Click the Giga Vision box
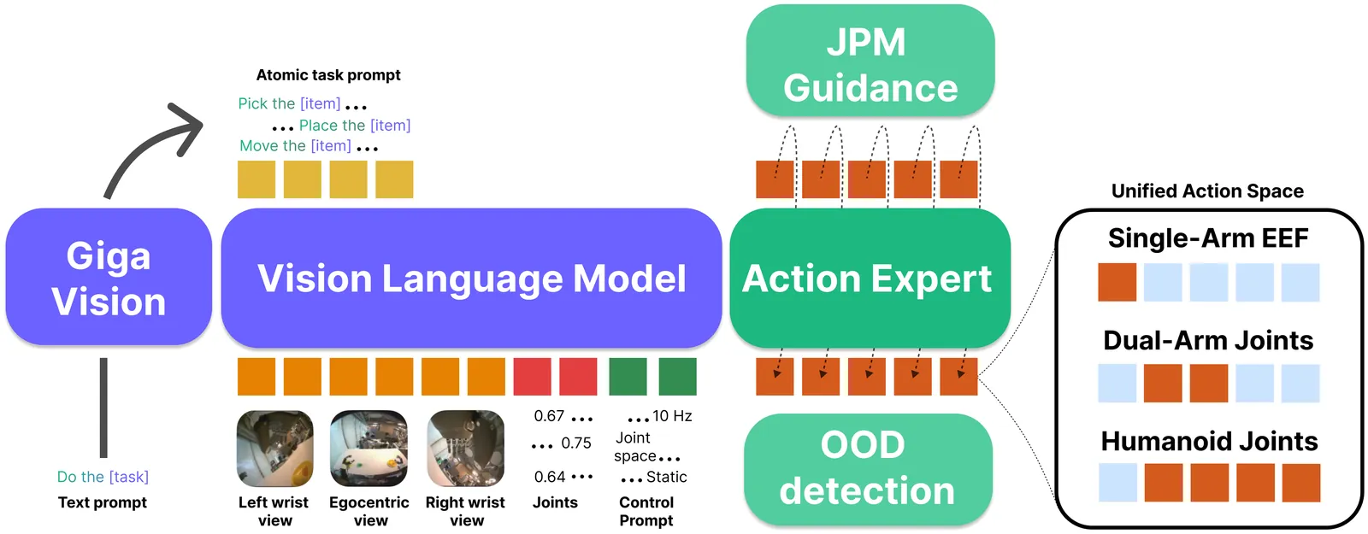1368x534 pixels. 109,277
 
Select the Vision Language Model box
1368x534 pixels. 471,278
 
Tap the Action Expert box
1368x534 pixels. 869,278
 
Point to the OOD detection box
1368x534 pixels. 867,468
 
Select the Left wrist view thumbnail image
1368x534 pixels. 274,449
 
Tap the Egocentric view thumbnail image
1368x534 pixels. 369,449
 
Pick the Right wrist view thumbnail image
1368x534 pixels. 465,449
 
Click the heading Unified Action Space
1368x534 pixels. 1207,191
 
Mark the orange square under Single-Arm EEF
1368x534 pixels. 1117,282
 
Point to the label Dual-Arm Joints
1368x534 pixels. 1208,340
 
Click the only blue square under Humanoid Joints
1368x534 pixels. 1117,483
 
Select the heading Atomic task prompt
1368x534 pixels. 328,75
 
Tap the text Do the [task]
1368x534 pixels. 103,477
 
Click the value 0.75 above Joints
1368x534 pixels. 575,443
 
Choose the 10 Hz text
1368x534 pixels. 672,416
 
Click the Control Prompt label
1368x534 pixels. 646,511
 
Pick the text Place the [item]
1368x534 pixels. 354,126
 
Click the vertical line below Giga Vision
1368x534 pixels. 103,408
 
